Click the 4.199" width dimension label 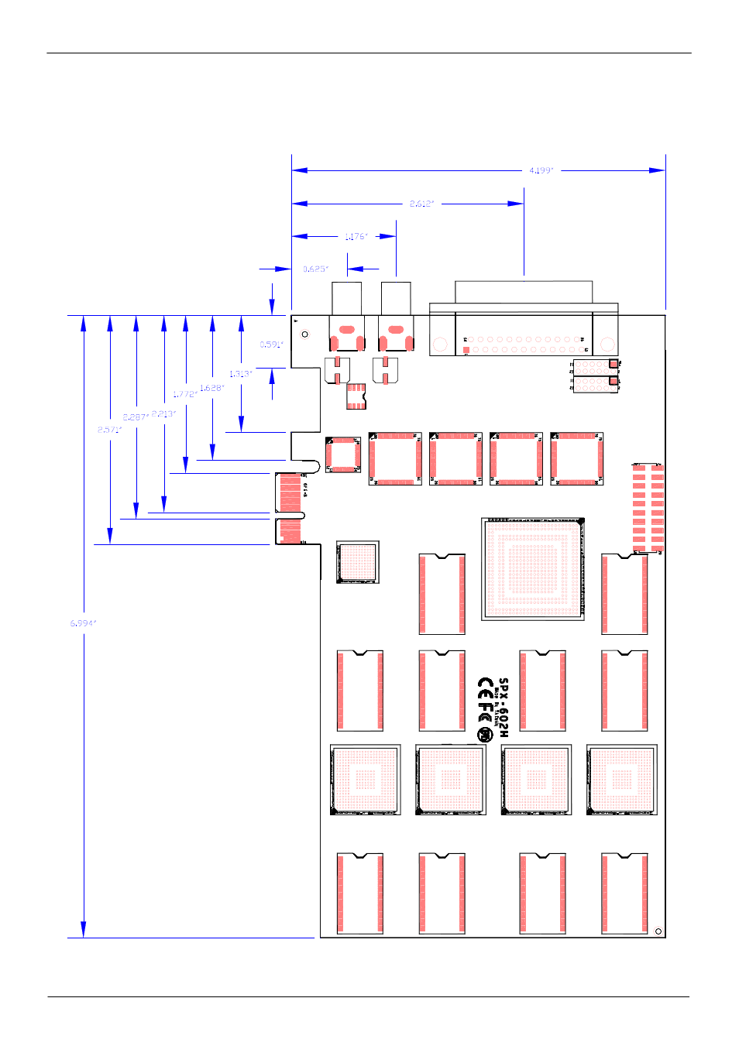click(x=541, y=170)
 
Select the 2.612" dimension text click(x=421, y=204)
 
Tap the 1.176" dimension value click(x=356, y=236)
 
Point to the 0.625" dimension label click(x=315, y=269)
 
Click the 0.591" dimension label click(x=271, y=345)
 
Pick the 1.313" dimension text click(x=240, y=374)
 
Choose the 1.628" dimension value click(x=211, y=388)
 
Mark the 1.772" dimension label click(x=185, y=394)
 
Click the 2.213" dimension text click(x=163, y=413)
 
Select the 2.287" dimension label click(x=136, y=417)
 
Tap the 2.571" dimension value click(x=109, y=430)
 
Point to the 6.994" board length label click(x=83, y=623)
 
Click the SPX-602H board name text click(x=504, y=707)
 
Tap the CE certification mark click(x=485, y=686)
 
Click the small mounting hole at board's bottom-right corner click(x=658, y=931)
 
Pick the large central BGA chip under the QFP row click(x=532, y=569)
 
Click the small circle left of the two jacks click(x=304, y=334)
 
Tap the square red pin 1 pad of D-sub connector click(x=466, y=350)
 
